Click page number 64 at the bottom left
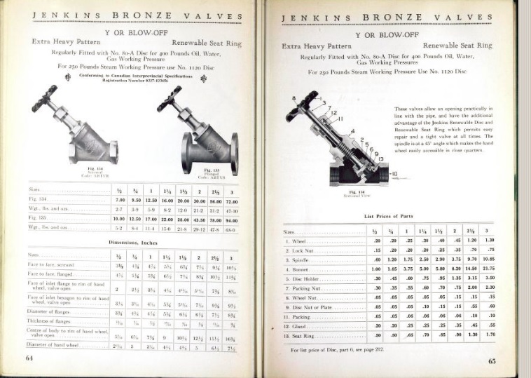click(x=29, y=357)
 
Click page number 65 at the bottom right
click(x=492, y=360)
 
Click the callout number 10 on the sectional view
click(x=394, y=173)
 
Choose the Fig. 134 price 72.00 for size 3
click(x=231, y=201)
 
